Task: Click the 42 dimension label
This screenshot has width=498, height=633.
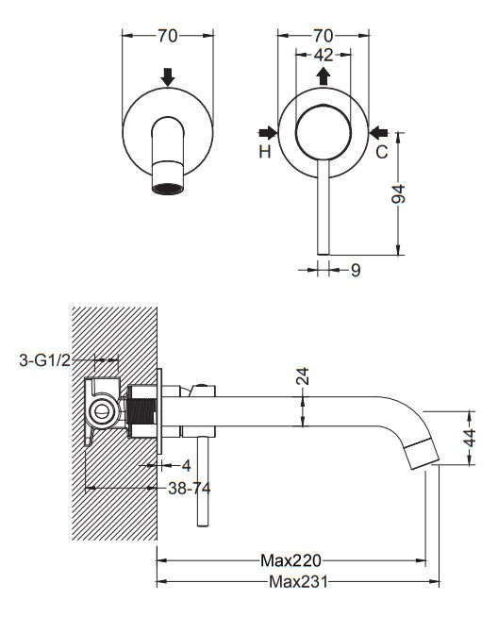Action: point(324,55)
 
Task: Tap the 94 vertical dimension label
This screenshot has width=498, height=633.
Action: point(399,193)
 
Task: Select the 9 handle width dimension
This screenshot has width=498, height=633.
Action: point(356,270)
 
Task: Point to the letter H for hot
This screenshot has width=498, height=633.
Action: point(265,152)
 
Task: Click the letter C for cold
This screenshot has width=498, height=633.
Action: point(381,152)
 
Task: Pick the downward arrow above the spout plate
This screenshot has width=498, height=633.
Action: point(167,76)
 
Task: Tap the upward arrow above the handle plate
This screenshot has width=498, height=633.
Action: point(323,75)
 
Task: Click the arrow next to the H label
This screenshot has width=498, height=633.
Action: point(268,132)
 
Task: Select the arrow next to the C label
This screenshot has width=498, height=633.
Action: point(378,132)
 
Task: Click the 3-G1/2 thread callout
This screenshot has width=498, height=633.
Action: point(44,360)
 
